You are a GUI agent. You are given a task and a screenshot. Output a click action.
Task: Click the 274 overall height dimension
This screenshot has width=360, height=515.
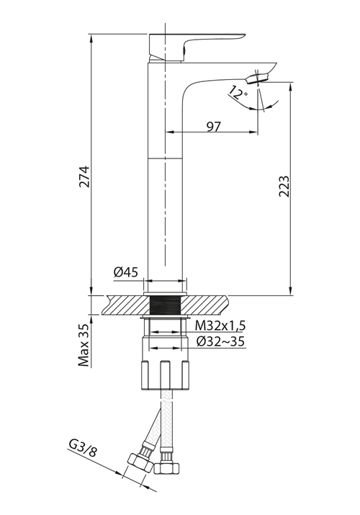click(84, 176)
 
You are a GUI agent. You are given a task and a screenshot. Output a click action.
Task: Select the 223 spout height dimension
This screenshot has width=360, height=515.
click(284, 187)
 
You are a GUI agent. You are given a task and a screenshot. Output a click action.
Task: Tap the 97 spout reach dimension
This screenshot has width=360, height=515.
click(214, 127)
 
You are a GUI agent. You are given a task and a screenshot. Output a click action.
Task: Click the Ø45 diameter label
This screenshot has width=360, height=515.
click(126, 272)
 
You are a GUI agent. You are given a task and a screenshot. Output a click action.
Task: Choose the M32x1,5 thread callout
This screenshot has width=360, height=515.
click(220, 326)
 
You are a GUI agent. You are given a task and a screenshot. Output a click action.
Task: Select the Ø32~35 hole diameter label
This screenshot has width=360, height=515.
click(220, 341)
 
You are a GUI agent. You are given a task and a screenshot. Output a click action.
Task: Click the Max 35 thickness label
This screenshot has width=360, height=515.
click(84, 345)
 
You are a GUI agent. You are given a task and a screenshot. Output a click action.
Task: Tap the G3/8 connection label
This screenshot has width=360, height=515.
click(83, 448)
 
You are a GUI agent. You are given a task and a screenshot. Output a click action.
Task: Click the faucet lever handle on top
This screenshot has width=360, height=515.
click(197, 47)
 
